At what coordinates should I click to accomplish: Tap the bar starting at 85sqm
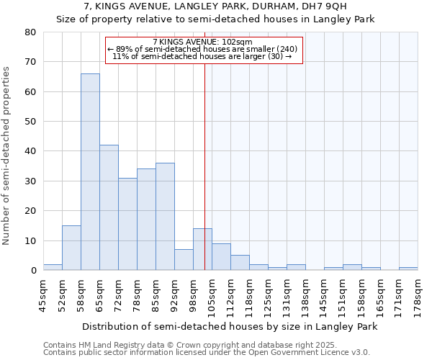[165, 216]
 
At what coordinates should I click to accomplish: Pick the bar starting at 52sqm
[71, 248]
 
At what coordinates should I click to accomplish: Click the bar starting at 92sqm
[184, 260]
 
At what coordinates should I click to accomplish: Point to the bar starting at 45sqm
[53, 267]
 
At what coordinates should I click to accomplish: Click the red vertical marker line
[205, 166]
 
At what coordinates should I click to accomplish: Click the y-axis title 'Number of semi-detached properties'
[6, 155]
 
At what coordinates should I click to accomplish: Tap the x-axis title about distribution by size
[230, 326]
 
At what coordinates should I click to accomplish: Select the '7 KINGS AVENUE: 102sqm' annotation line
[202, 42]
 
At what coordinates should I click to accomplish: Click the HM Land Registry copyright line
[186, 345]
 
